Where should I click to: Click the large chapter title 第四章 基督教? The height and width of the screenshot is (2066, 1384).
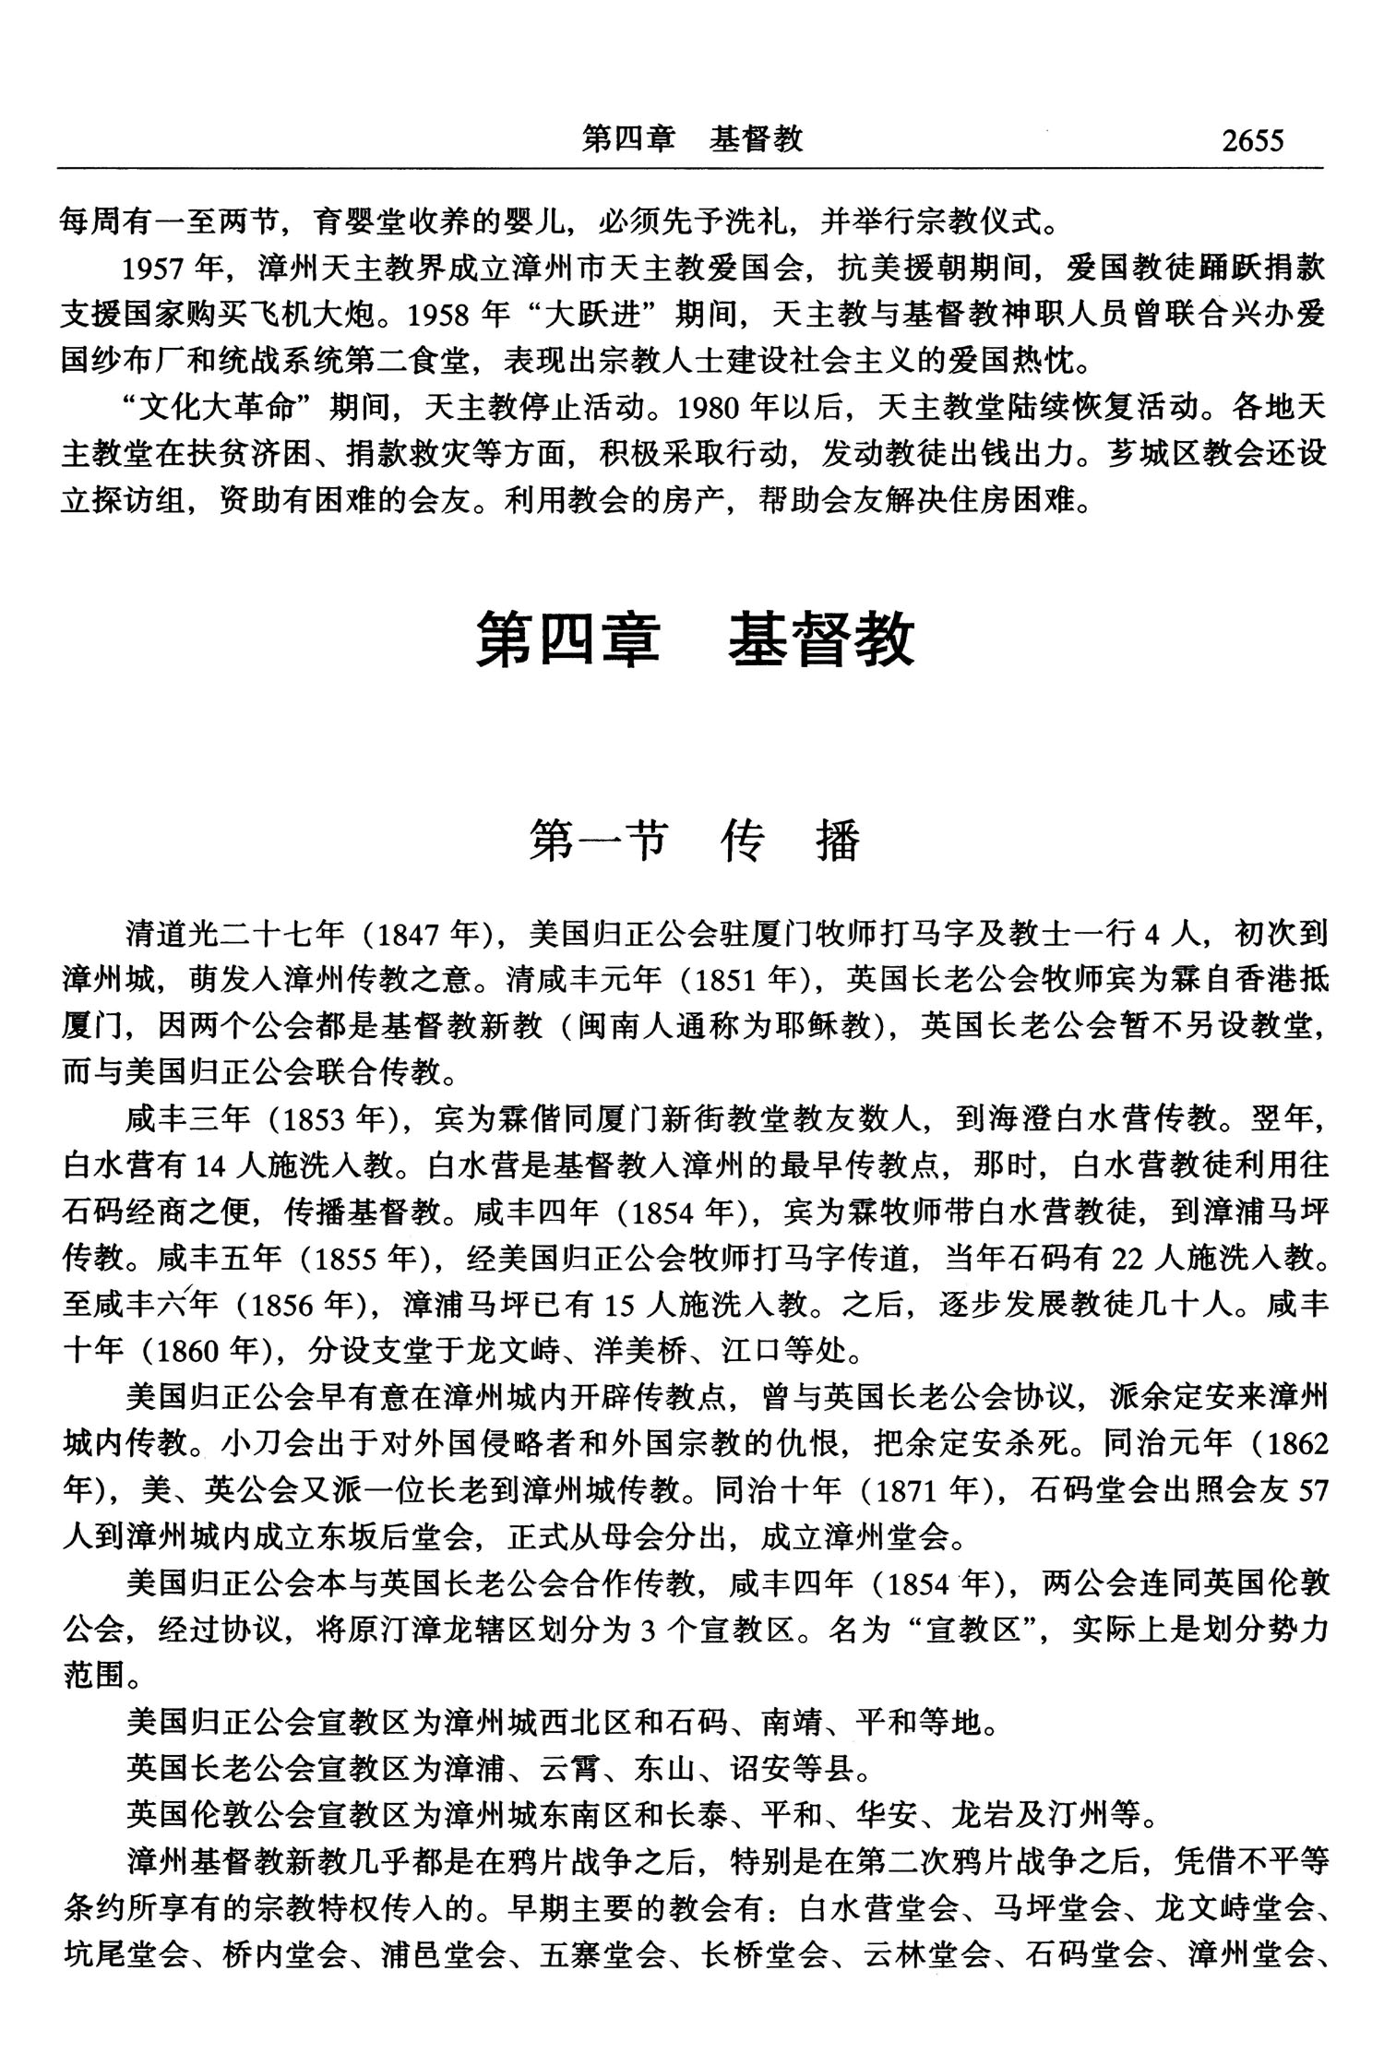point(694,639)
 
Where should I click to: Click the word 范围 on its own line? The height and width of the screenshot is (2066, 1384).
point(92,1675)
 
